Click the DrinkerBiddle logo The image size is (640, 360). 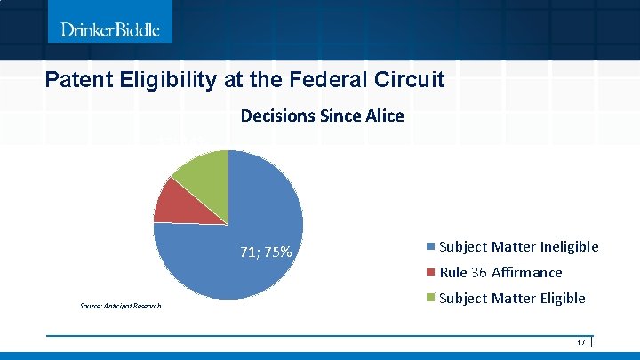110,29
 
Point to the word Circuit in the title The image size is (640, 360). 411,80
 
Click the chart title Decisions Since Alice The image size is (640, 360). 322,116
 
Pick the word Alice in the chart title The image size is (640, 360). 387,116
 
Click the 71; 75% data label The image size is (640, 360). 266,252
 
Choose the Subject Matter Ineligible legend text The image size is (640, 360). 519,247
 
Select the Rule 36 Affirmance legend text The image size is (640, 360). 500,273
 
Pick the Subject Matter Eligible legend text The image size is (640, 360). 512,299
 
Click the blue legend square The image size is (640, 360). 431,247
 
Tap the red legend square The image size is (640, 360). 431,273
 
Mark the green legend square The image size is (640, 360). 431,299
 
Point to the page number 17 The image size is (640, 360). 581,343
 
